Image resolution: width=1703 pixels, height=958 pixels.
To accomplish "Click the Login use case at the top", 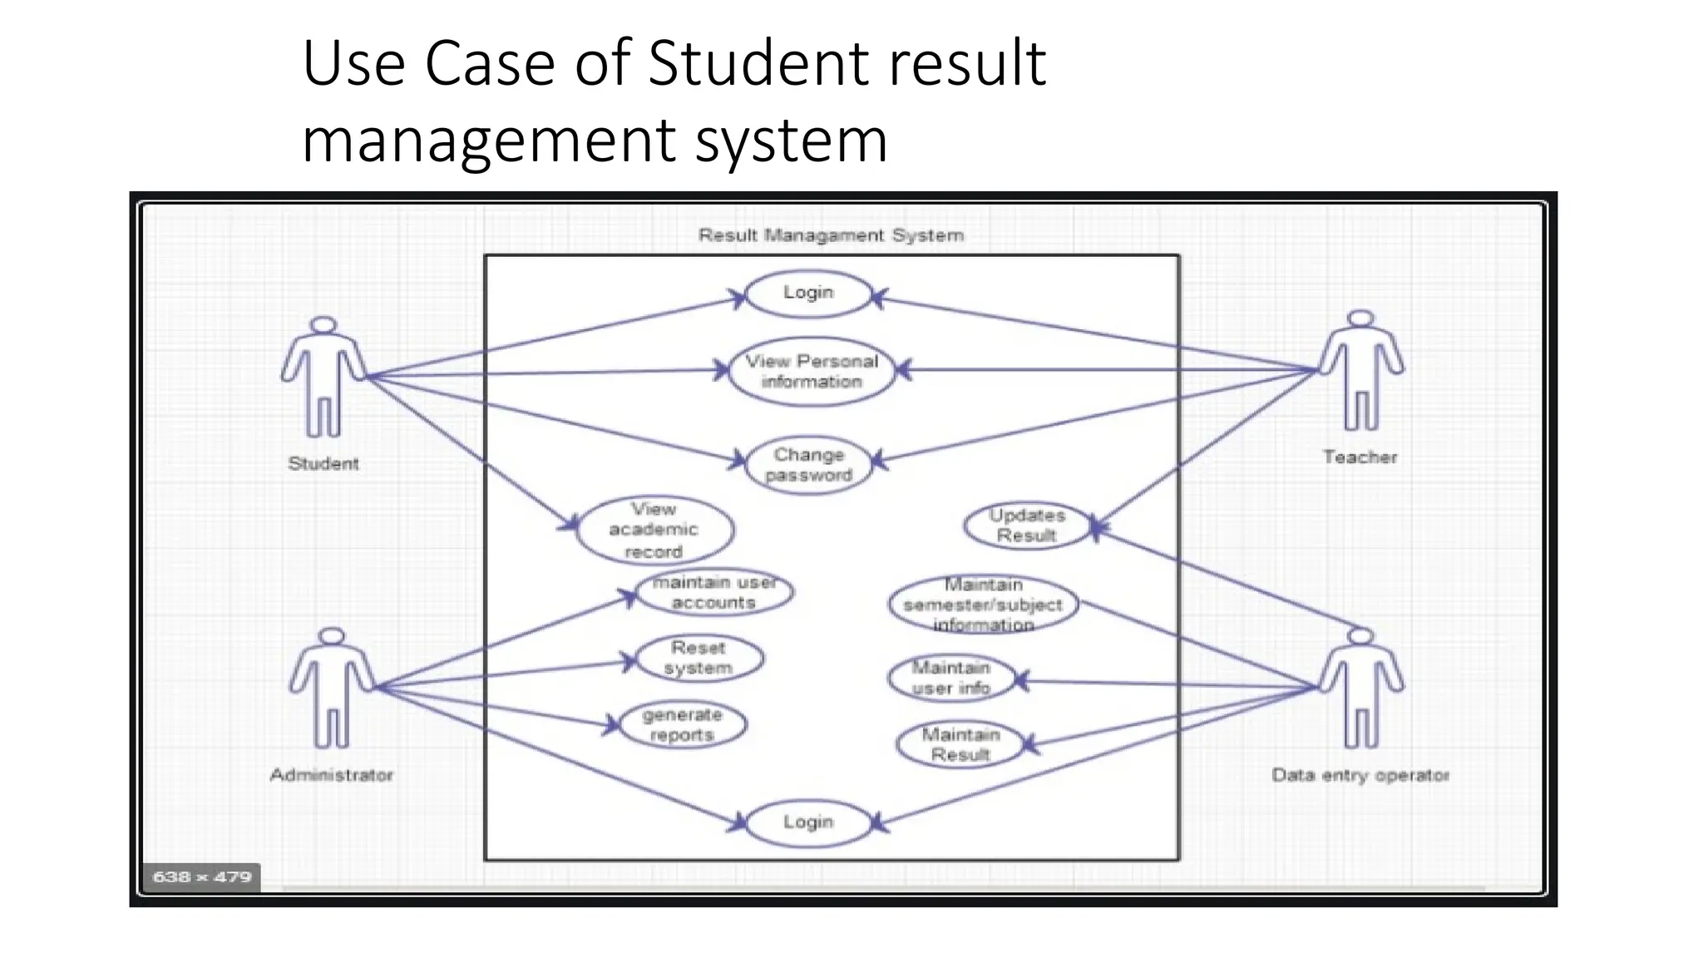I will click(807, 293).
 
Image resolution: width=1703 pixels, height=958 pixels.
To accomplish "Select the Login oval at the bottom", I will click(807, 822).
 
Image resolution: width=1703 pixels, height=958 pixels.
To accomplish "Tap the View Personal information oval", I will click(811, 372).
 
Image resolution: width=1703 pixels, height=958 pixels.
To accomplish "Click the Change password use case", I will click(808, 465).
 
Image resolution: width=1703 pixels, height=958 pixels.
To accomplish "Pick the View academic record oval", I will click(654, 530).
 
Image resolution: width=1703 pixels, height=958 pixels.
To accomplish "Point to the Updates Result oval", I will click(1027, 526).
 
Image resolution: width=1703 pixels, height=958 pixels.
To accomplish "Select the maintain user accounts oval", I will click(713, 592).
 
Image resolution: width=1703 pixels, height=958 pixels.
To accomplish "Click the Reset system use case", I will click(698, 658).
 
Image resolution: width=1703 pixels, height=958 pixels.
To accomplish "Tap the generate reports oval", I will click(683, 724).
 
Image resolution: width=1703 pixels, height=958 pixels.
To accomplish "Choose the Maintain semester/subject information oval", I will click(983, 605).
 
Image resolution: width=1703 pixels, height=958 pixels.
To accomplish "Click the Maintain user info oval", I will click(951, 678).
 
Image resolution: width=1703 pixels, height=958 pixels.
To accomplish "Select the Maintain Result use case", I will click(960, 744).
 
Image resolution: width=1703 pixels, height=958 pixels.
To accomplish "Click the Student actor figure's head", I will click(323, 325).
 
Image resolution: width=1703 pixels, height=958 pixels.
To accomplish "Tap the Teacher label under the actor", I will click(1360, 457).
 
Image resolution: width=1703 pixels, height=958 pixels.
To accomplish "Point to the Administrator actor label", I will click(331, 775).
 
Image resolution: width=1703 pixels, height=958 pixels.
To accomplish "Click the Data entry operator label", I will click(1360, 775).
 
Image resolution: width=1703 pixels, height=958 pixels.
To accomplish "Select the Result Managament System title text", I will click(831, 235).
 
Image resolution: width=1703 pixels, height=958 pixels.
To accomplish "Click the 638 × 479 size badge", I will click(201, 877).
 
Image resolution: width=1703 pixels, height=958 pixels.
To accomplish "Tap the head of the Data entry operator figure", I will click(1360, 637).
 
